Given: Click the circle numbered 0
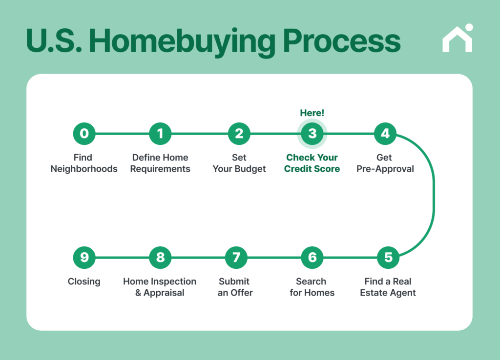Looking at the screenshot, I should (x=84, y=133).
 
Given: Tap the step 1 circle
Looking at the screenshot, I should (x=160, y=133).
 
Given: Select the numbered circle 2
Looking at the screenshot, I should (x=239, y=133).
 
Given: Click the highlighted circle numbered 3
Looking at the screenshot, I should (x=312, y=133).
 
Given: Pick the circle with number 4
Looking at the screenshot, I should (x=385, y=133).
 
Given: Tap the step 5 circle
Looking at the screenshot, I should (x=388, y=257).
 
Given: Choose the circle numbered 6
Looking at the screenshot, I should (x=312, y=257).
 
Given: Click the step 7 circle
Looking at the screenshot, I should (x=236, y=257).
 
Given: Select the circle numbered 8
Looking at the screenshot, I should (x=160, y=257).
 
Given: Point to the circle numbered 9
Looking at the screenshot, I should (x=84, y=257).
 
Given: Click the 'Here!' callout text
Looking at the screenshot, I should (x=312, y=113).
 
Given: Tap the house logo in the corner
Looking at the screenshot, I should (x=458, y=39).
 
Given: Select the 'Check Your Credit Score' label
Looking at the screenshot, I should (x=312, y=163).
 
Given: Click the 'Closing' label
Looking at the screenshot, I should (x=84, y=281).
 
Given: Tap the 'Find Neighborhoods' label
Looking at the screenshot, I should (x=84, y=163).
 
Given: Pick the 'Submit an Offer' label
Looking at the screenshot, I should (x=235, y=287).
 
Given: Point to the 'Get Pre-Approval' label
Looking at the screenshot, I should (x=385, y=163).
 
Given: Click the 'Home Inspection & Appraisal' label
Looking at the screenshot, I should (x=160, y=287).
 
